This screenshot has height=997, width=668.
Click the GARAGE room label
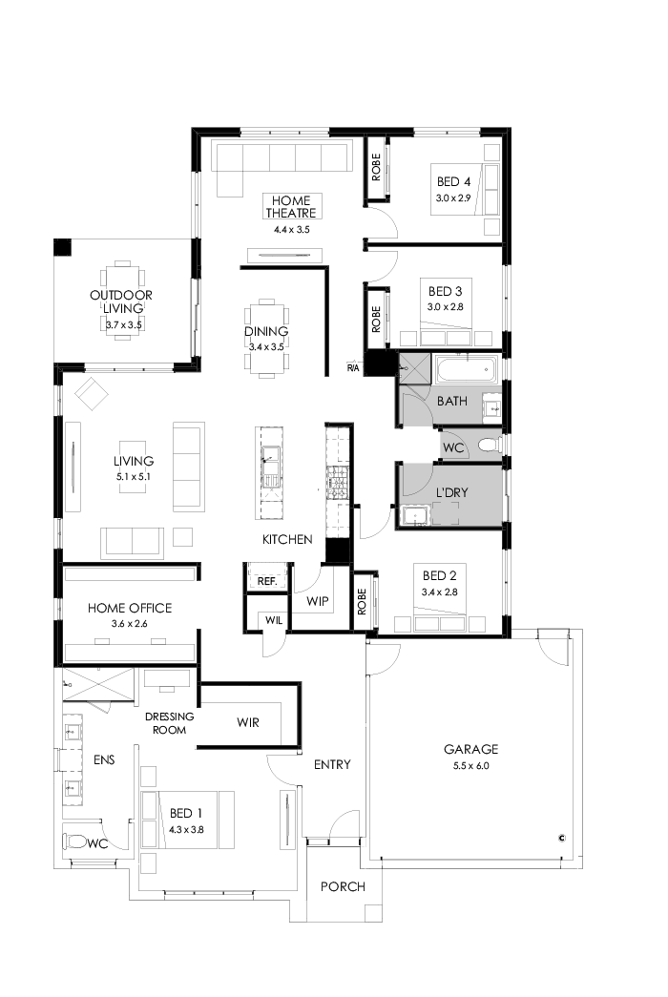(470, 749)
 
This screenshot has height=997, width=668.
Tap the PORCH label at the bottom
(343, 886)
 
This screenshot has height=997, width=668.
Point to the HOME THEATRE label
(292, 207)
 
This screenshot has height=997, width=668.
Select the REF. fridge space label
(261, 579)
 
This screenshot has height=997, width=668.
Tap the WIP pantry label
(317, 601)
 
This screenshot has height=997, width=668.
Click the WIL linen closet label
(273, 620)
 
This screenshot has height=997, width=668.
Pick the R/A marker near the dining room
(353, 367)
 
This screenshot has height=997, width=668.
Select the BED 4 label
(453, 181)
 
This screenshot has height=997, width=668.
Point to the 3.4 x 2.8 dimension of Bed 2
(441, 592)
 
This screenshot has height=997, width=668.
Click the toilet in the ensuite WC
(74, 842)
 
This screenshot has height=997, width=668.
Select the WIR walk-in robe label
(248, 722)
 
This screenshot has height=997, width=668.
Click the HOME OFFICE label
(129, 608)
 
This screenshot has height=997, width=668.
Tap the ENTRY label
(332, 764)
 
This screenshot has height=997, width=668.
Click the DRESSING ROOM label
(169, 722)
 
